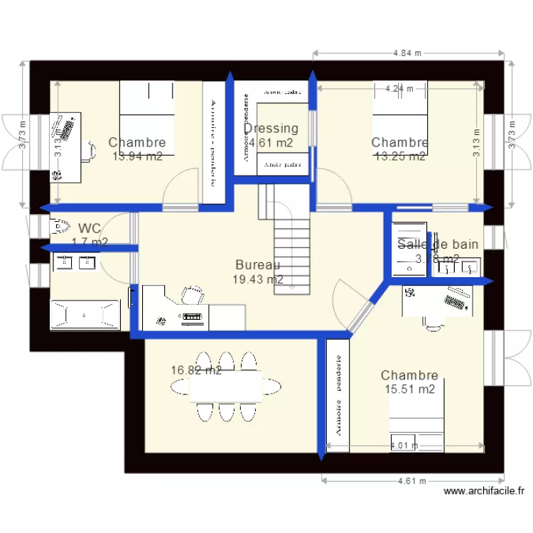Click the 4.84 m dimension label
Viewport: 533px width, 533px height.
[408, 53]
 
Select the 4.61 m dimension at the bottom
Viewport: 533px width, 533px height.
[412, 481]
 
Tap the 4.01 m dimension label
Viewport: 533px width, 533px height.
[404, 446]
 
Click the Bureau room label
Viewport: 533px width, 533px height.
[258, 265]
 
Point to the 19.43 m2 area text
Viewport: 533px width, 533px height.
[258, 279]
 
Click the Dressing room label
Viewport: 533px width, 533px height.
[271, 129]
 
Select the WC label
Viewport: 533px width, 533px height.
[90, 229]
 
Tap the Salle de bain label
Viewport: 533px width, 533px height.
[438, 244]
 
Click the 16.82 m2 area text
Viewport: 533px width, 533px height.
[196, 370]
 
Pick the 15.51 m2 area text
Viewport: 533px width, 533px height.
[409, 389]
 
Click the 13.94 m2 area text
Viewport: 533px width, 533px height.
[137, 156]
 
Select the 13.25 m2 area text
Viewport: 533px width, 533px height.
[399, 156]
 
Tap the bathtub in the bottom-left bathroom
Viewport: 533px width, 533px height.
[83, 313]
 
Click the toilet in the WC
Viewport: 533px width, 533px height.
[58, 227]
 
